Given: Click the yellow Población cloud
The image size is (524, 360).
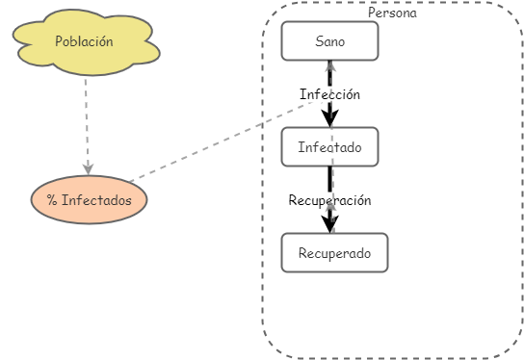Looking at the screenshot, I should click(85, 42).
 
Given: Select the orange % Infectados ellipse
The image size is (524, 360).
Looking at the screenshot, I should click(89, 200).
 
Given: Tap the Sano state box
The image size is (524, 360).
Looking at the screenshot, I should click(329, 41).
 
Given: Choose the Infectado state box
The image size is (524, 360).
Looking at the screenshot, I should click(329, 147).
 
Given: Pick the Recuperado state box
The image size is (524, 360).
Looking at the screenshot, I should click(334, 253).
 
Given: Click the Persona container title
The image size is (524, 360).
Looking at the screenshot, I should click(392, 13).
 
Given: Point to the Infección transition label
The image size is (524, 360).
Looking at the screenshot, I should click(329, 94).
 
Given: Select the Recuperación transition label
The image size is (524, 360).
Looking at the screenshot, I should click(329, 200).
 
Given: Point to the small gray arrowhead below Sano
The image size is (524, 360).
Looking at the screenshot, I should click(329, 67).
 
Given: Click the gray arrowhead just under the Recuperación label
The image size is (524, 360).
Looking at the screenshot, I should click(329, 208).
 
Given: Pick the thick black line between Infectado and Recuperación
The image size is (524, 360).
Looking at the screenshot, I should click(329, 179).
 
